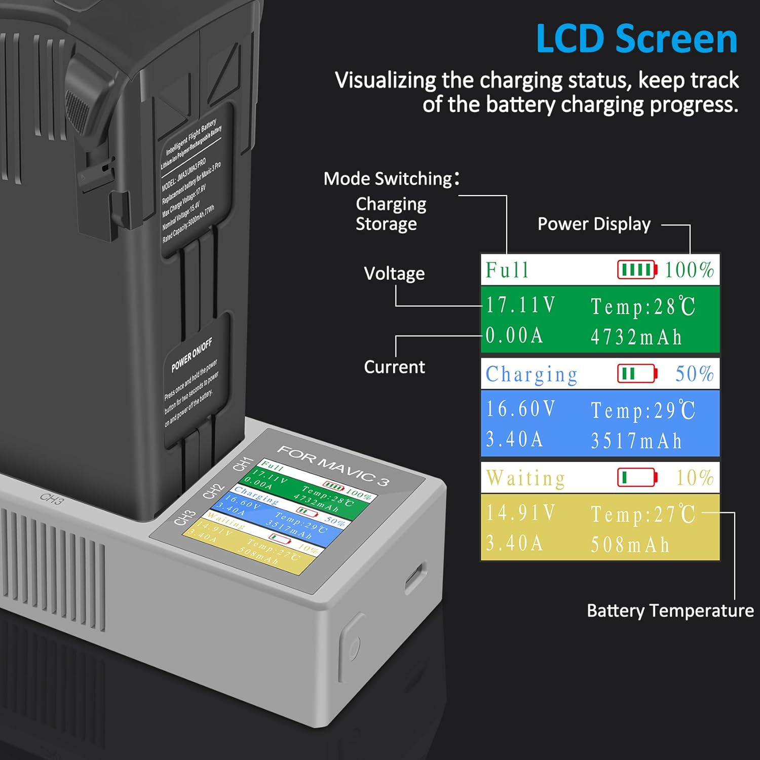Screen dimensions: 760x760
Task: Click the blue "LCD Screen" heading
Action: point(636,39)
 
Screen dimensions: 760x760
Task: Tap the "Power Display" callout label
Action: point(594,224)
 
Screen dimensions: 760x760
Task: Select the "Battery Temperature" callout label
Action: point(670,611)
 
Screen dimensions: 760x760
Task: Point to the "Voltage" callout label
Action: point(394,274)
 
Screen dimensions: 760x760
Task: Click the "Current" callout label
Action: point(394,367)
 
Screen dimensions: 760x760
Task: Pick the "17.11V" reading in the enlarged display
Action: point(521,305)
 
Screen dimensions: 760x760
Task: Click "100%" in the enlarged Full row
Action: point(689,270)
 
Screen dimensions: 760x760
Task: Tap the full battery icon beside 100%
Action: point(637,270)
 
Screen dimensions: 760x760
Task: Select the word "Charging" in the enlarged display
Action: point(531,374)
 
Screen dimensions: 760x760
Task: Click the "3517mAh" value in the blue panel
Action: point(636,441)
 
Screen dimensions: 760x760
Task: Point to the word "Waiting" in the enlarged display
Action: point(525,478)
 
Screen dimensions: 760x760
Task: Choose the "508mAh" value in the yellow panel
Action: point(630,545)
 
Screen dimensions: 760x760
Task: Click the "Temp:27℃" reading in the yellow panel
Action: point(643,514)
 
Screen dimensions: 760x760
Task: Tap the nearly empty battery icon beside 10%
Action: point(637,477)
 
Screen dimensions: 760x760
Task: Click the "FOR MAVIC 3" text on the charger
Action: point(333,465)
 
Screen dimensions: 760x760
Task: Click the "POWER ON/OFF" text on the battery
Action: point(192,354)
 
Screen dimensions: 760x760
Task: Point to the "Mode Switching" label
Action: point(388,179)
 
